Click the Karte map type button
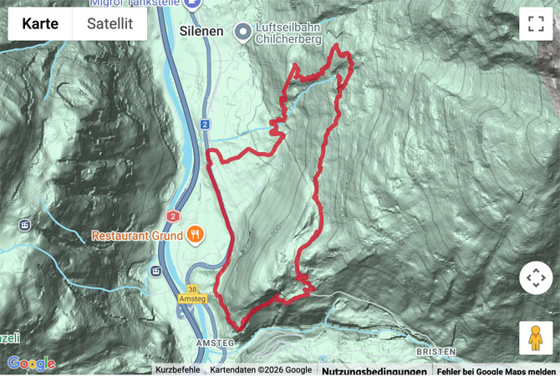(x=40, y=23)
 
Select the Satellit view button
(x=109, y=23)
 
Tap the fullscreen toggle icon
(x=536, y=24)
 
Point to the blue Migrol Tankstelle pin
(x=193, y=4)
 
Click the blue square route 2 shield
(x=204, y=124)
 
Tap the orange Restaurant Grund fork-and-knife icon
(x=195, y=235)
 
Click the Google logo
(x=31, y=363)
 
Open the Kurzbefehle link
(x=177, y=369)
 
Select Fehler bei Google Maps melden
(x=497, y=370)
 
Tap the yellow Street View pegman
(x=535, y=338)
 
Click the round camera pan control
(x=536, y=277)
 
